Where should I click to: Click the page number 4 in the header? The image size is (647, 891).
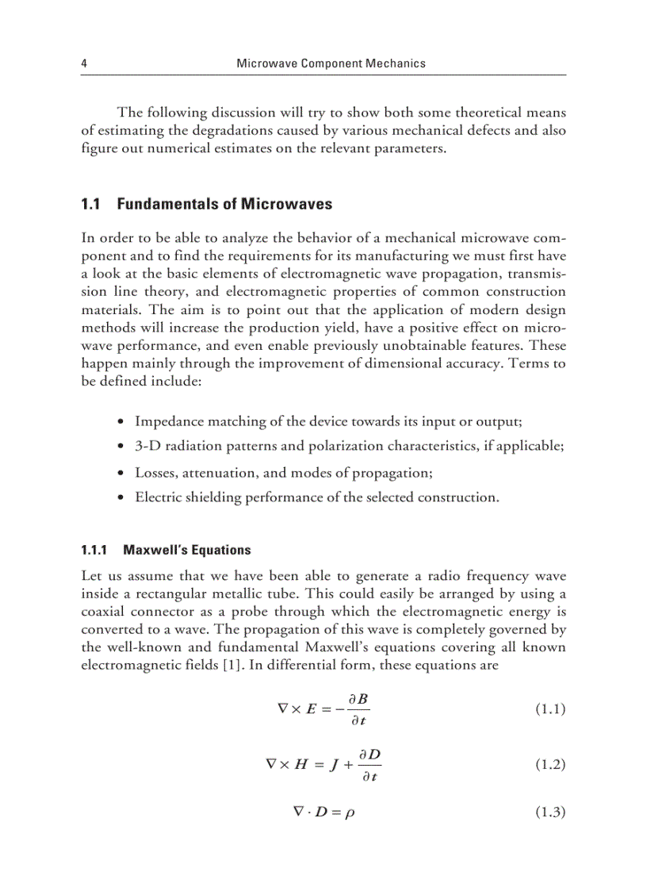pos(84,63)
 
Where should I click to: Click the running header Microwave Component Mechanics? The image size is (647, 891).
pos(331,63)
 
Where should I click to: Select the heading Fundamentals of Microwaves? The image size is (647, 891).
pos(224,205)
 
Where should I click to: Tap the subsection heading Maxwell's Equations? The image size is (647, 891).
pos(183,550)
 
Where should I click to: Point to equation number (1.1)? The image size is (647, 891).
pos(549,709)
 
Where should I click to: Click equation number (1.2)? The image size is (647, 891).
pos(549,765)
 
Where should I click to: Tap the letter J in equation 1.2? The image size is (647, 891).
pos(336,766)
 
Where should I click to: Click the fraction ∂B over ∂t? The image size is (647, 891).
pos(362,709)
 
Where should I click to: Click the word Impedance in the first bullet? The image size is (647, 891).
pos(167,420)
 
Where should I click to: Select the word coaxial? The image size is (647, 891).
pos(106,612)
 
